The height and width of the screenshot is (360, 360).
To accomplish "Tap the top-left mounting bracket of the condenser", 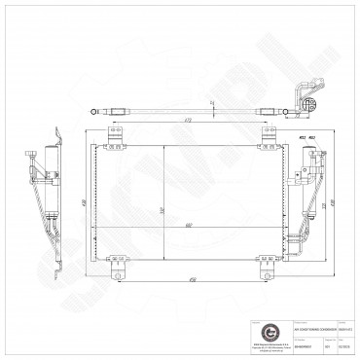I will [118, 141].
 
